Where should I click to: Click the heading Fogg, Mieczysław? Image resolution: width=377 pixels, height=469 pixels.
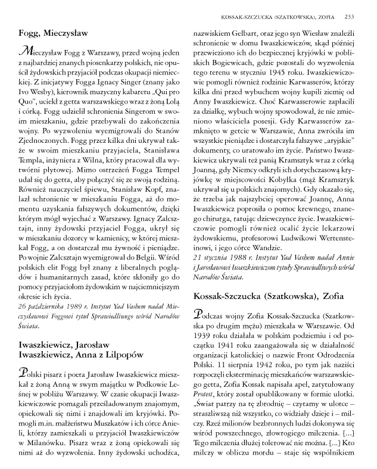coord(55,34)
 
